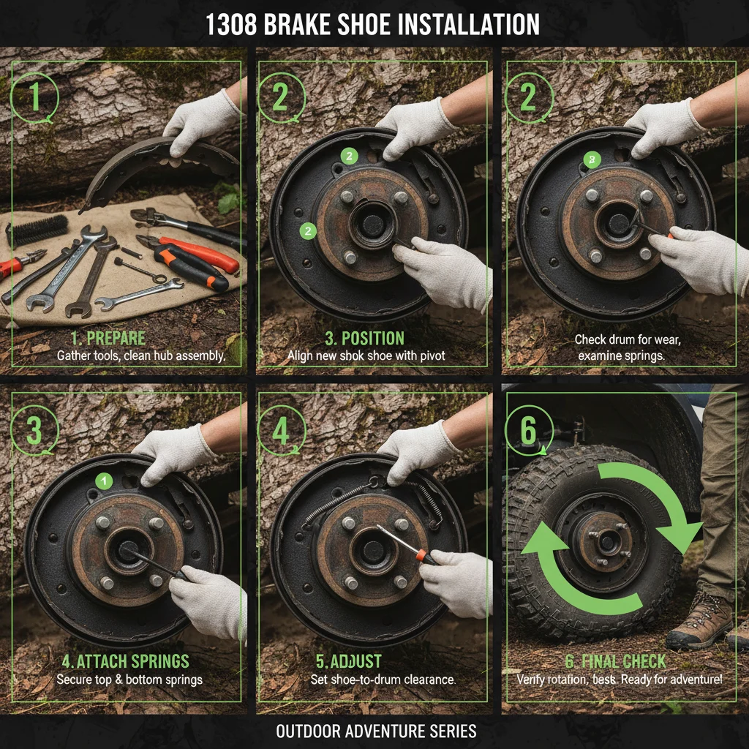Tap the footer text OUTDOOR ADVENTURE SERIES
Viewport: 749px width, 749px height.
pos(376,731)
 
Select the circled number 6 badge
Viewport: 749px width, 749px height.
pos(528,430)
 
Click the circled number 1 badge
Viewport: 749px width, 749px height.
pos(34,97)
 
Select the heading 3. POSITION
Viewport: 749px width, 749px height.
pos(364,339)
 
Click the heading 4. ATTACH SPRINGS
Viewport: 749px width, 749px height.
pos(125,662)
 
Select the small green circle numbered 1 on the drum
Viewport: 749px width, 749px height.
pos(105,481)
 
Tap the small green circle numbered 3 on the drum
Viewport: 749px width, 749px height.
pos(591,160)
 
